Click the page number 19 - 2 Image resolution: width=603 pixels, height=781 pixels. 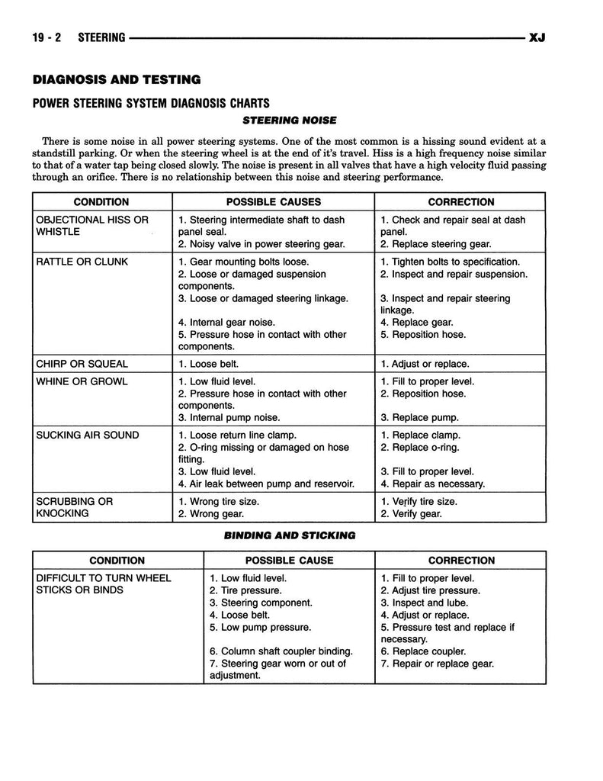48,37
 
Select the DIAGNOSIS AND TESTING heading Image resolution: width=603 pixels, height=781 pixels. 116,79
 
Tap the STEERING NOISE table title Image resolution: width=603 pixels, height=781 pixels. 289,121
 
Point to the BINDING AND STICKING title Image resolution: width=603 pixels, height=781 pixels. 289,535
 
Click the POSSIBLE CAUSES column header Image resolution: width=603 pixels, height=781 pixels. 273,202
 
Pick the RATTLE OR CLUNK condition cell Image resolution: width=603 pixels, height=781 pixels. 82,262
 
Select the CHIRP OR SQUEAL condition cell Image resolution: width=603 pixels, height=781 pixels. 82,364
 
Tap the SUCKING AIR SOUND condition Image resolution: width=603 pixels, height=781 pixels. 88,435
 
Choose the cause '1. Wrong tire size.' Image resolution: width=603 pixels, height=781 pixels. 219,501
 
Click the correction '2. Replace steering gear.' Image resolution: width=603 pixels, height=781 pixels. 436,244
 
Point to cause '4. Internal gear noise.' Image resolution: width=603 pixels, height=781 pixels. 226,322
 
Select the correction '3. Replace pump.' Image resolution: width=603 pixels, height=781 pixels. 419,418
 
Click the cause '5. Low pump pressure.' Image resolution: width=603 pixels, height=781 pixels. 260,627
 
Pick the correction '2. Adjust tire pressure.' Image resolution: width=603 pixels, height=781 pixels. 431,590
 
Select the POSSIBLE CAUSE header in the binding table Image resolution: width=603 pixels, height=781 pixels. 289,561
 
